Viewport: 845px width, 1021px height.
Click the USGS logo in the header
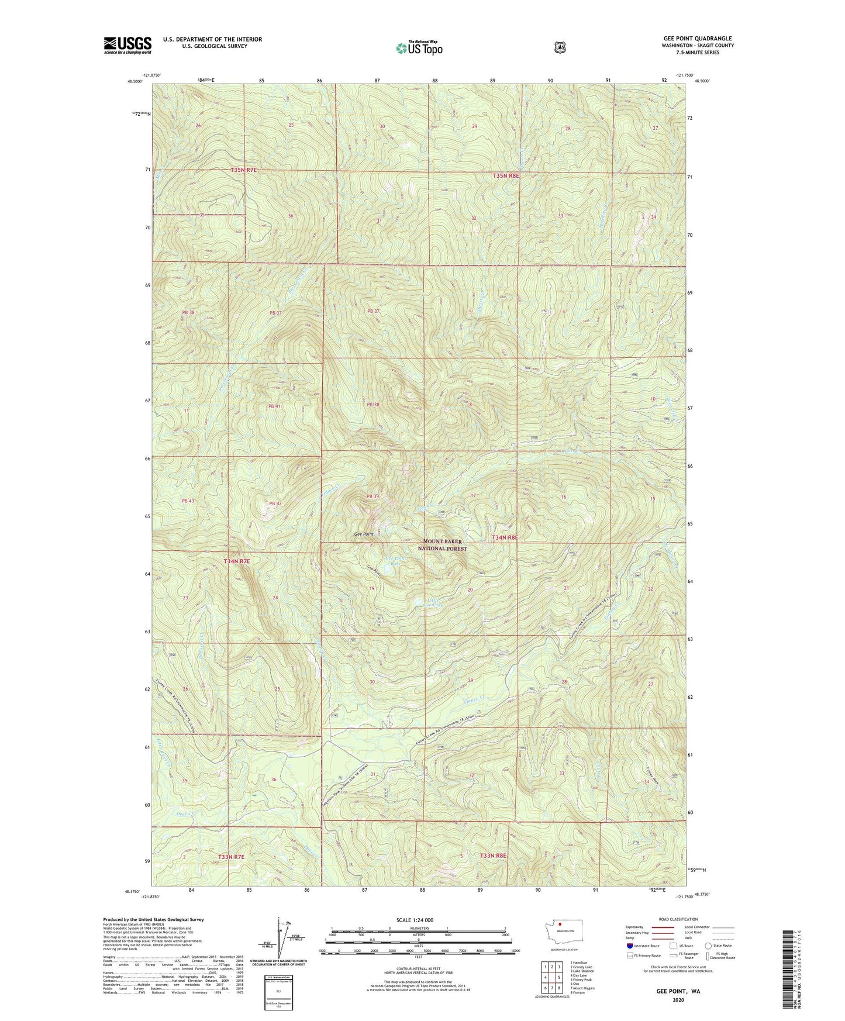pos(127,45)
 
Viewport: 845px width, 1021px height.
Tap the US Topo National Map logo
pos(419,48)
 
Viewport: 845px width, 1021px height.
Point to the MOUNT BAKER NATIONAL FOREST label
pos(443,545)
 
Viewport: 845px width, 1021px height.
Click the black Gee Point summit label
pos(364,534)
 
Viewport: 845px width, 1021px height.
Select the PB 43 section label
pos(187,501)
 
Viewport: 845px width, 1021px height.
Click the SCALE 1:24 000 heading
pos(415,920)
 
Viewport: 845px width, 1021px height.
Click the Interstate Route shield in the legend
pos(629,945)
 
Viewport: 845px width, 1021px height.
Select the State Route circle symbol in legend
pos(708,945)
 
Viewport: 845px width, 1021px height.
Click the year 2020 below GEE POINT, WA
pos(678,999)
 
